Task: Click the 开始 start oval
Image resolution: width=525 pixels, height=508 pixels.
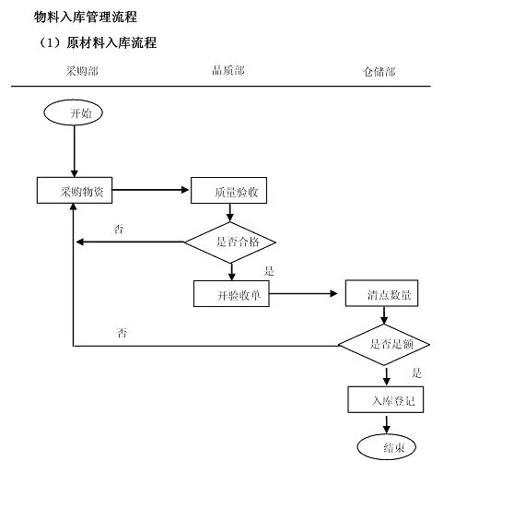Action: click(73, 112)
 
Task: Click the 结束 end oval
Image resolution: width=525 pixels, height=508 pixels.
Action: click(387, 446)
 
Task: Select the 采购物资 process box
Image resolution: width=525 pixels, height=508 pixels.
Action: click(75, 190)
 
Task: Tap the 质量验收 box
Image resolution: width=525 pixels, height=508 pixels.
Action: click(228, 190)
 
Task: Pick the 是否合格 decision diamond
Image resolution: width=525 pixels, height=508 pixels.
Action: click(230, 242)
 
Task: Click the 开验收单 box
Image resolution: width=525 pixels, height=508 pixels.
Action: click(231, 293)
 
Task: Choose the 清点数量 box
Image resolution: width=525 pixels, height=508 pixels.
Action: click(381, 293)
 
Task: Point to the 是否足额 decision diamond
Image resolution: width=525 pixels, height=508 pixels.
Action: click(384, 345)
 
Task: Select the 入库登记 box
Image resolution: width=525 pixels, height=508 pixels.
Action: click(386, 399)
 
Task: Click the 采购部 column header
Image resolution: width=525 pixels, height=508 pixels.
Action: click(82, 71)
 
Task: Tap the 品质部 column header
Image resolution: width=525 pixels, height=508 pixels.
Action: click(228, 70)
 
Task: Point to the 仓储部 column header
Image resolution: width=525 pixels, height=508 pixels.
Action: click(379, 71)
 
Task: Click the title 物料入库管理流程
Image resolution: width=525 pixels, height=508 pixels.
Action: click(86, 17)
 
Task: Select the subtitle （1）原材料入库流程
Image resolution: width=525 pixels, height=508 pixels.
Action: click(97, 42)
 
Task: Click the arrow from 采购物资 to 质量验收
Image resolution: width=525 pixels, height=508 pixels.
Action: click(150, 190)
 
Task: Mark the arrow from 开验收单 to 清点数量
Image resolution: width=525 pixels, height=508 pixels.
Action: click(303, 293)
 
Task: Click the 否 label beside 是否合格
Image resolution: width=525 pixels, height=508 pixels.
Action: click(119, 230)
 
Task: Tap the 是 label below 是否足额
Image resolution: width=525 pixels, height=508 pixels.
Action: click(416, 372)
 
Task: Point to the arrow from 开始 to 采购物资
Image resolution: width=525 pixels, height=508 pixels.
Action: click(75, 151)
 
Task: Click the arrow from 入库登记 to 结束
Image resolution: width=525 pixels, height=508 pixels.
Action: click(387, 423)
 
